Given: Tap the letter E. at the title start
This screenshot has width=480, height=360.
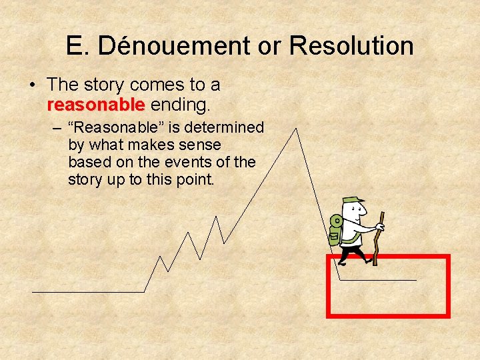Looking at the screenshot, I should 75,46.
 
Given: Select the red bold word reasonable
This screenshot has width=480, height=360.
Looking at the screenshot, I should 96,105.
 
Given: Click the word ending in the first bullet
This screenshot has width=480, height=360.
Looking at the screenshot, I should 180,105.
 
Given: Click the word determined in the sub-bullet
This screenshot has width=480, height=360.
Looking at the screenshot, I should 227,127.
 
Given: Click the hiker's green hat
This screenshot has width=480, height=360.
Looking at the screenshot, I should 351,201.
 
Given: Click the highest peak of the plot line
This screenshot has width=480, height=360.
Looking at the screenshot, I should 295,129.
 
